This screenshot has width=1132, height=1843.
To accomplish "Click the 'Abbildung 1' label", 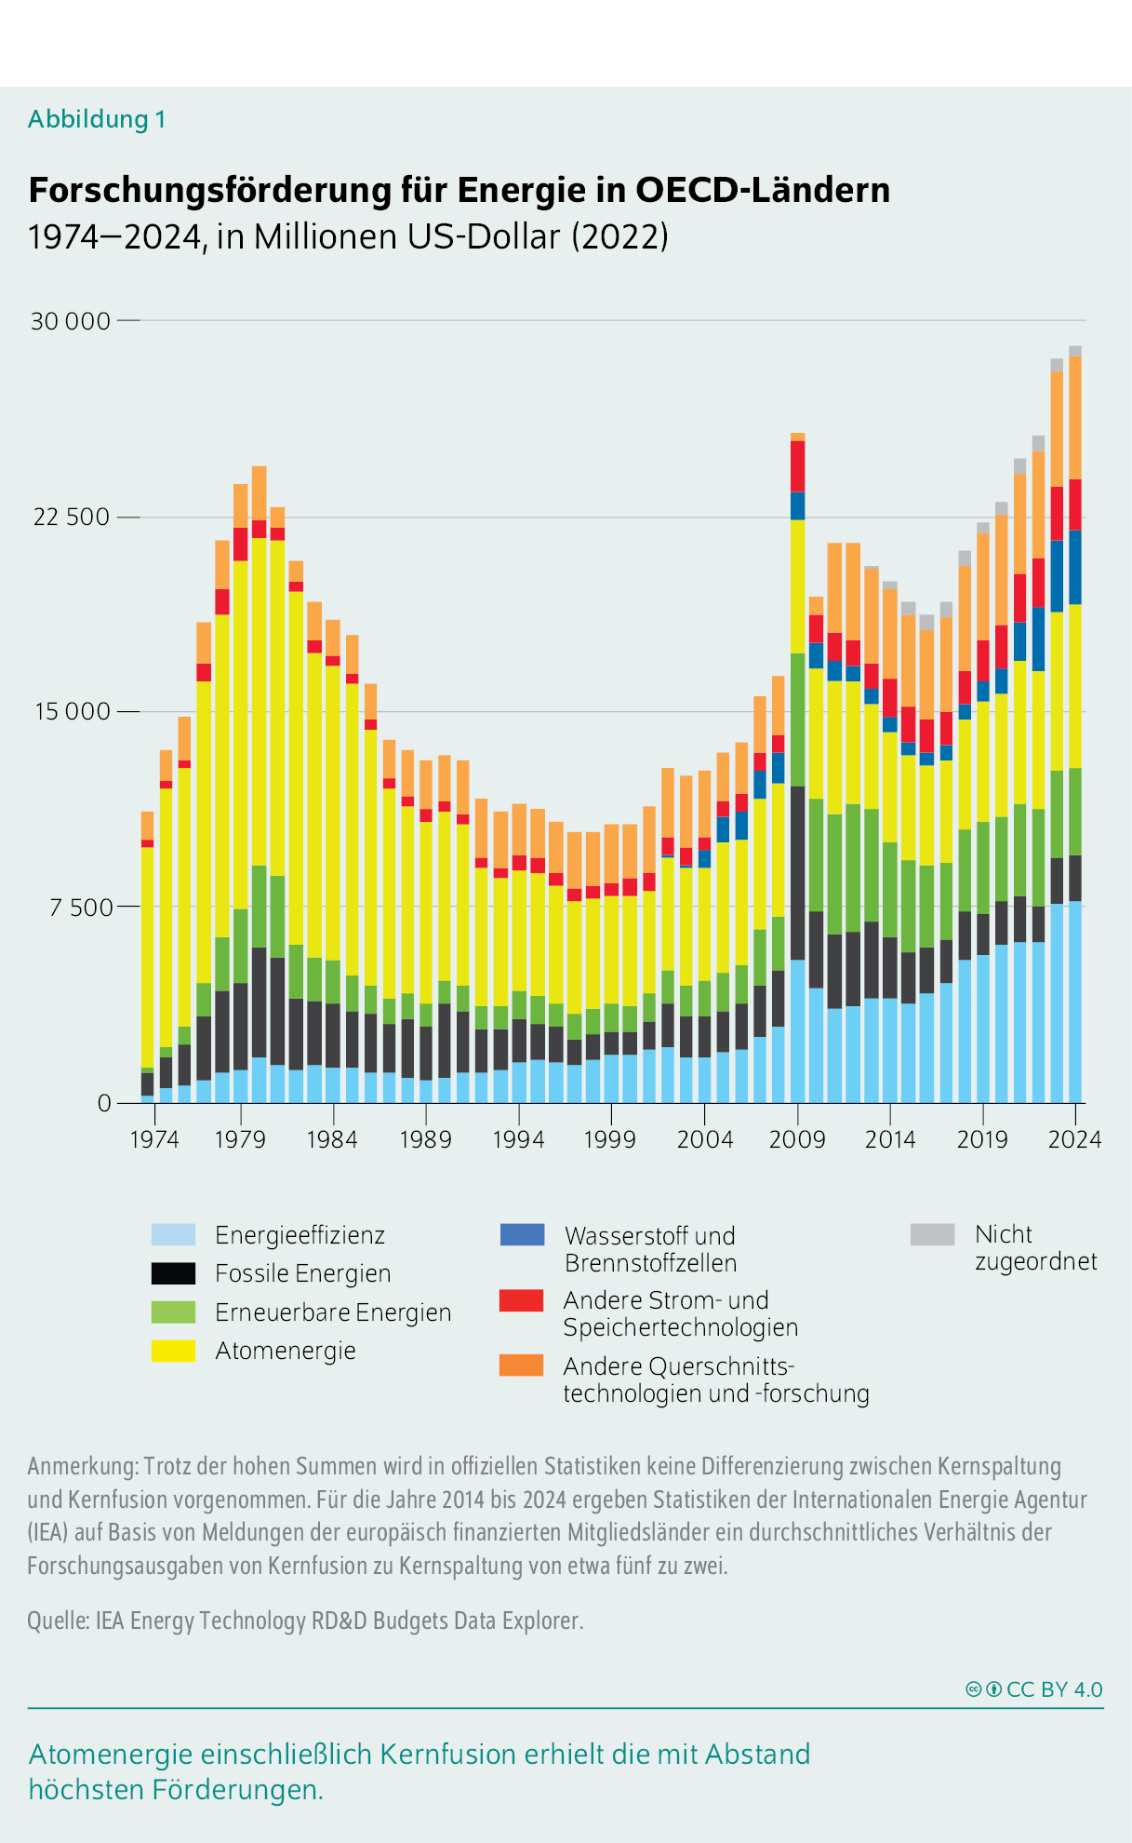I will [x=97, y=119].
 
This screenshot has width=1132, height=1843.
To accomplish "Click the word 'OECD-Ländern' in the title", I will [x=762, y=190].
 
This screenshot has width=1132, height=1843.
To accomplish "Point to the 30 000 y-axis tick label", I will [x=71, y=321].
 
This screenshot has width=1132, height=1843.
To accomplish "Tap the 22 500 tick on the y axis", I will [x=72, y=517].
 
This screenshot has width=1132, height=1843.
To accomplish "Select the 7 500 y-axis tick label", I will [x=78, y=908].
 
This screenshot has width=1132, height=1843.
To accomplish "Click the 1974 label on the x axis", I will [x=154, y=1139].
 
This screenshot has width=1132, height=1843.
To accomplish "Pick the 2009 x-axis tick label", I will [x=797, y=1139].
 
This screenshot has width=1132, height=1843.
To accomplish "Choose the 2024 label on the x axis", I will [x=1074, y=1139].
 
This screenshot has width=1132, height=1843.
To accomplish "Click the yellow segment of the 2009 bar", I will [x=797, y=586].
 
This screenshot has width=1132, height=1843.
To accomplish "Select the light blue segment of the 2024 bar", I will [x=1074, y=1001].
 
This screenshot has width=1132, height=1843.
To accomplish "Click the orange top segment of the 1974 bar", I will [x=147, y=825].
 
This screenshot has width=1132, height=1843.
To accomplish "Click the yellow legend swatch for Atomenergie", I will [x=173, y=1351].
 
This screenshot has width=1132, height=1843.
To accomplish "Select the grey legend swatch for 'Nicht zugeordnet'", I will [x=932, y=1234].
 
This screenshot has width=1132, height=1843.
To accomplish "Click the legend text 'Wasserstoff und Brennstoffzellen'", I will [x=650, y=1249].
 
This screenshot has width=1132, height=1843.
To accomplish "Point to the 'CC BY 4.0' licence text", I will [x=1054, y=1689].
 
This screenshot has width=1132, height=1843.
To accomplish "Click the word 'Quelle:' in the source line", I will [x=58, y=1621].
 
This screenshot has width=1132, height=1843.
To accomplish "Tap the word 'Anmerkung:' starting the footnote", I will [x=83, y=1466].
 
